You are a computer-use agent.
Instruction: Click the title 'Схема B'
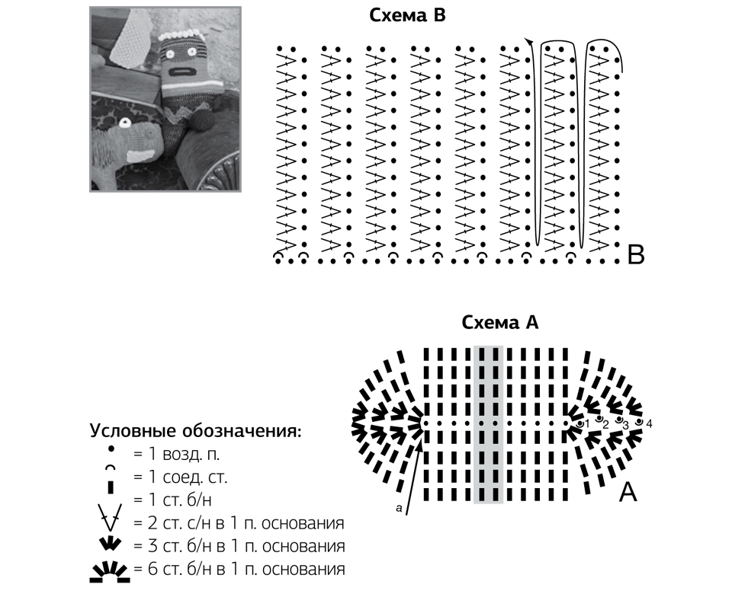point(407,15)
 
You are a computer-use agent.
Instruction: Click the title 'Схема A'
point(500,322)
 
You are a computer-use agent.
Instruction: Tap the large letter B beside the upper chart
point(636,255)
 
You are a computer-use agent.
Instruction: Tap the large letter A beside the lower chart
point(628,492)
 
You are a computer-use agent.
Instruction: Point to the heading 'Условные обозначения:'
point(196,430)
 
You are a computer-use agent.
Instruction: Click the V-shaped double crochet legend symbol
point(111,517)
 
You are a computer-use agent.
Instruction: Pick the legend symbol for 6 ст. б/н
point(110,572)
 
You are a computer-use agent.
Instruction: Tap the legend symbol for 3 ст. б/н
point(110,544)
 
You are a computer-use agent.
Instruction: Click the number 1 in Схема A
point(587,424)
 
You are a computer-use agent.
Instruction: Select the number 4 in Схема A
point(649,424)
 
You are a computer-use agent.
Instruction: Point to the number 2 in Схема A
point(605,425)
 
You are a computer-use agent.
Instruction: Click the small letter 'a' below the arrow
point(399,508)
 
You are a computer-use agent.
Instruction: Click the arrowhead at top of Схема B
point(528,42)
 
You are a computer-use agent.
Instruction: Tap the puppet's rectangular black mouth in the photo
point(180,72)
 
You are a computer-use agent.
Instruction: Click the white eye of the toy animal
point(124,123)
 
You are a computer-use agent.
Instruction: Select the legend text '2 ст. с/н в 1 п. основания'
point(239,523)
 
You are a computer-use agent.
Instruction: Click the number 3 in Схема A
point(625,425)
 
